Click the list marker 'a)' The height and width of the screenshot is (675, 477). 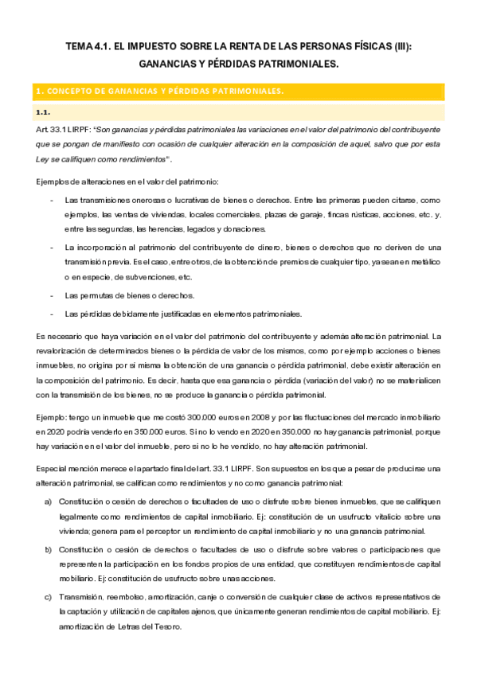[49, 501]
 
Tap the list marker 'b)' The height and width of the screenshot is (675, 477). [49, 549]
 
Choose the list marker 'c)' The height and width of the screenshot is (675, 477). [49, 597]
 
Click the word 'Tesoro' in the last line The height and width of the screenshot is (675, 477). [171, 626]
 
